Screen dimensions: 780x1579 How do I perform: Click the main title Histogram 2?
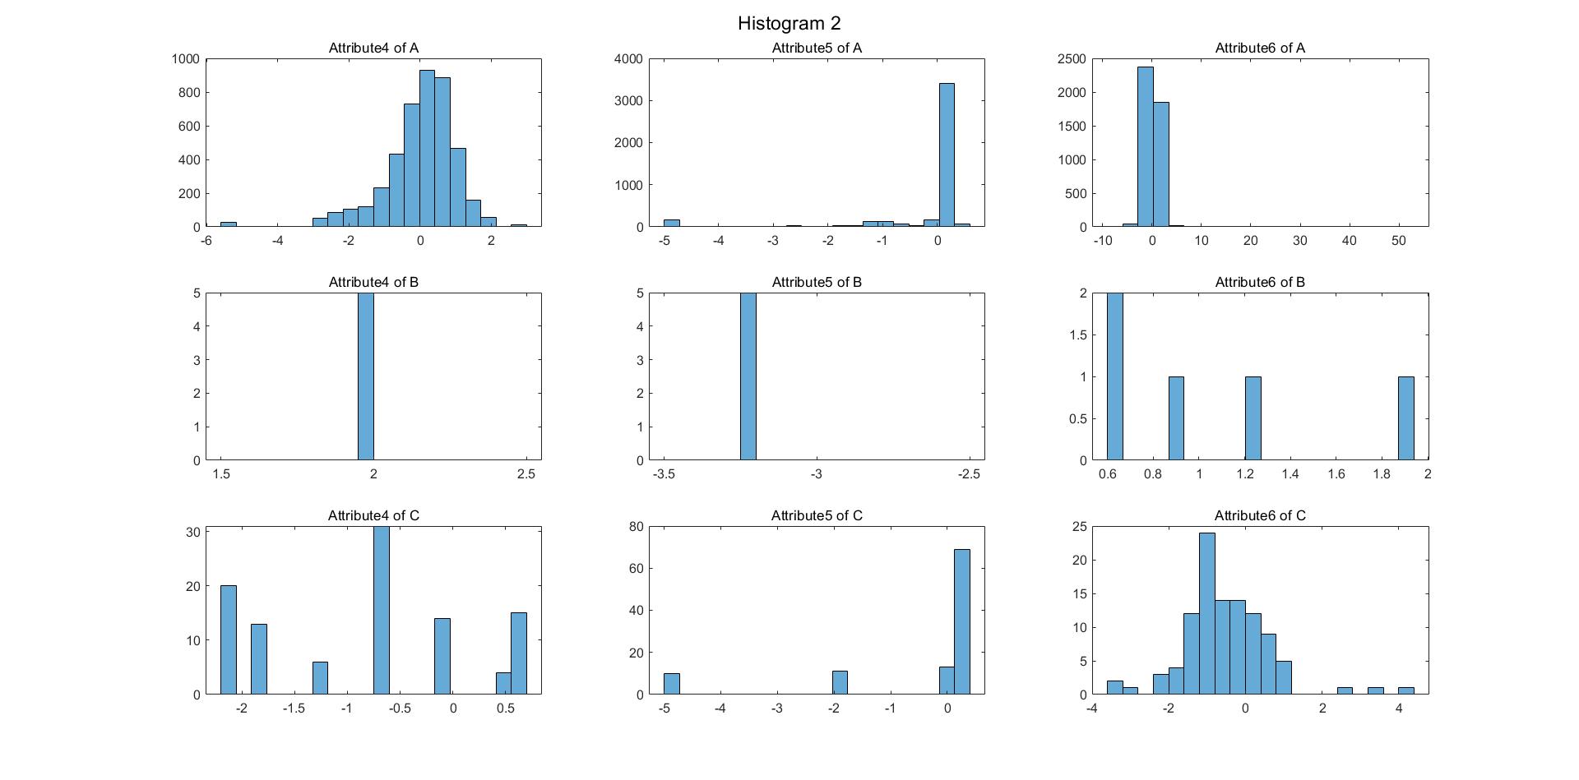(789, 23)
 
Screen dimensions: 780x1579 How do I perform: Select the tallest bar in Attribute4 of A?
(427, 149)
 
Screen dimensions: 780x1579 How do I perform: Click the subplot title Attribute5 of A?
(816, 48)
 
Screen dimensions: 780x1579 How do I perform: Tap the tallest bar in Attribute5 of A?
(947, 155)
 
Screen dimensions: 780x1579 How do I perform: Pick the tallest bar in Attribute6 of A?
(1145, 146)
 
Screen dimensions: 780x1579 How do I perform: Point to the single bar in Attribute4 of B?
(366, 376)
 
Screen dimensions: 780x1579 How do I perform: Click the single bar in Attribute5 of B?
(748, 376)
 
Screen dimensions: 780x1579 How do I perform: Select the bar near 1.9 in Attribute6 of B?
(1406, 418)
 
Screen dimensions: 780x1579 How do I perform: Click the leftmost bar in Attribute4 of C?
(228, 639)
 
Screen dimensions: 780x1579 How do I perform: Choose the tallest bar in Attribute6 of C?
(1206, 613)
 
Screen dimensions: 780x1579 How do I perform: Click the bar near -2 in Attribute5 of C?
(840, 682)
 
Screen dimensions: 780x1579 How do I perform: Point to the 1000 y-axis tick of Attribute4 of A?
(186, 58)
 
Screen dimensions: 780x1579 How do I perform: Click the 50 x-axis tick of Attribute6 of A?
(1398, 241)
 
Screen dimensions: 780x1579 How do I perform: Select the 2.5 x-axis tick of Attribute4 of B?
(526, 474)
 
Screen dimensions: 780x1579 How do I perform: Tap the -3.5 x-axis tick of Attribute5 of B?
(664, 474)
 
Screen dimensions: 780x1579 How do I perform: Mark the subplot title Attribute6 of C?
(1259, 515)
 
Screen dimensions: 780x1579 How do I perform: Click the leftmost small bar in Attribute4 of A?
(228, 224)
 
